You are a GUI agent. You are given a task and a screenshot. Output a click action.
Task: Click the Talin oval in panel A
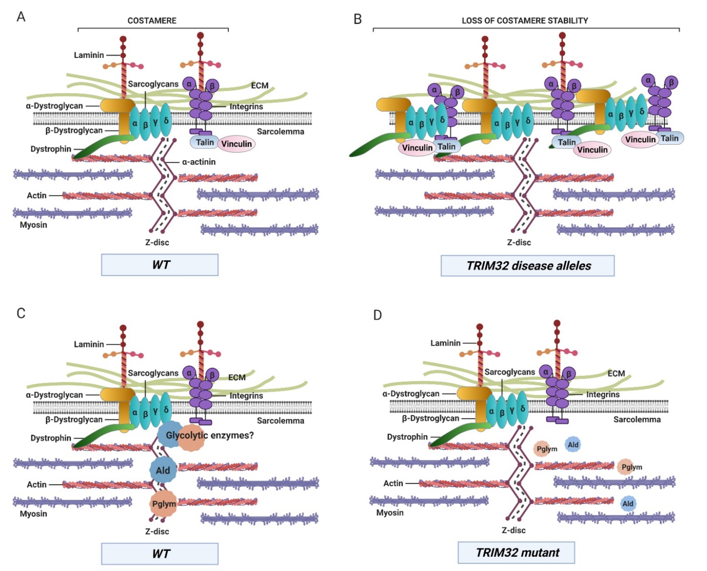pyautogui.click(x=205, y=142)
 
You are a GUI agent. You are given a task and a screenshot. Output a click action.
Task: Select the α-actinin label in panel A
pyautogui.click(x=199, y=162)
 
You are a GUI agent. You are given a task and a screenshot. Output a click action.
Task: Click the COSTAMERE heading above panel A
pyautogui.click(x=152, y=21)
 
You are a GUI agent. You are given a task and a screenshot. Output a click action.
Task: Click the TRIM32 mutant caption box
pyautogui.click(x=516, y=552)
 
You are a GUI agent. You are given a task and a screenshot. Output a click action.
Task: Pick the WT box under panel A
pyautogui.click(x=160, y=265)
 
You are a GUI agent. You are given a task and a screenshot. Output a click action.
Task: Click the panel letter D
pyautogui.click(x=377, y=315)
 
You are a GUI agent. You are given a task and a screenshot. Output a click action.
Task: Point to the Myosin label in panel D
pyautogui.click(x=390, y=512)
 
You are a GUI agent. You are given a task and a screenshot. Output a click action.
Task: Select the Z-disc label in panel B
pyautogui.click(x=519, y=242)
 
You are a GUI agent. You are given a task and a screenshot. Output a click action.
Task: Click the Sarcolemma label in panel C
pyautogui.click(x=280, y=421)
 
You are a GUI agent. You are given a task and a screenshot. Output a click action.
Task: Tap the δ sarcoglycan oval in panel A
pyautogui.click(x=166, y=121)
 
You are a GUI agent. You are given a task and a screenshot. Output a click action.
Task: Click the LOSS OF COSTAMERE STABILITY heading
pyautogui.click(x=525, y=21)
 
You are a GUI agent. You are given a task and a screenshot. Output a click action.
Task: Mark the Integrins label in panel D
pyautogui.click(x=603, y=394)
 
